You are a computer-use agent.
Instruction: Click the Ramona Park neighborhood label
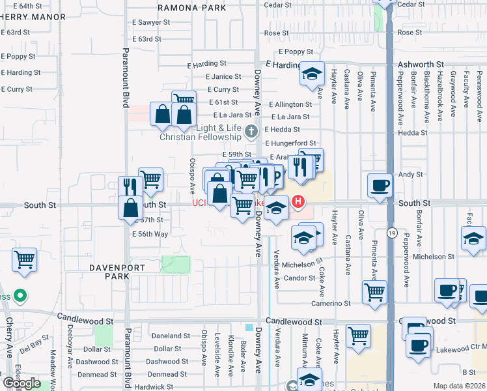click(x=191, y=7)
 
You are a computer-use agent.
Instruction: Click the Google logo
click(x=21, y=383)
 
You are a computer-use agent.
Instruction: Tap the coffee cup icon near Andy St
click(x=379, y=186)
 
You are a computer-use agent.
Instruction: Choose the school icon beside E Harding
click(x=312, y=74)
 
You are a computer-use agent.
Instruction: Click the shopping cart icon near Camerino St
click(x=374, y=293)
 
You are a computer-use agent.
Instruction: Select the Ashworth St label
click(x=421, y=65)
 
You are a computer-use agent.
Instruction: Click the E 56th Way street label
click(x=150, y=234)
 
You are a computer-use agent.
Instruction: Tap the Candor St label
click(x=299, y=278)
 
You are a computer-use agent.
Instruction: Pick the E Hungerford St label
click(x=290, y=143)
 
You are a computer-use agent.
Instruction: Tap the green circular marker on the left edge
click(x=20, y=297)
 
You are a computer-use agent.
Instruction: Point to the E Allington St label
click(x=289, y=104)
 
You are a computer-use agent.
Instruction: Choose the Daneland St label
click(x=171, y=336)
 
